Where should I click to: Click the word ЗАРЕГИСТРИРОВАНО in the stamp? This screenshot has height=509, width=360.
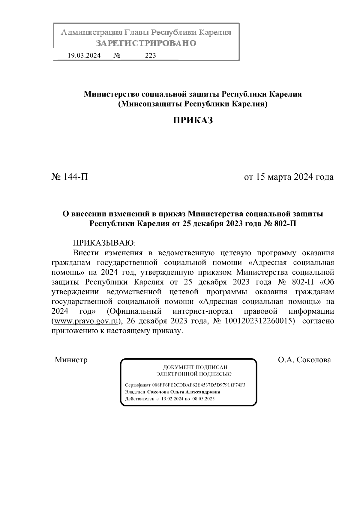[146, 43]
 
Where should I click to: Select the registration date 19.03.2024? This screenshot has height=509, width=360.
[84, 55]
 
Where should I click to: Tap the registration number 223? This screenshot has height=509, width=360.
[150, 55]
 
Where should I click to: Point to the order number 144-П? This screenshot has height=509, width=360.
[70, 177]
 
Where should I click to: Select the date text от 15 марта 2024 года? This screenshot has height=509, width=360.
[289, 177]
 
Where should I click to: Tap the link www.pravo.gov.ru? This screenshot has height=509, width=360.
[85, 321]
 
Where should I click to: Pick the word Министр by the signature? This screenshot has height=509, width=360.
[71, 360]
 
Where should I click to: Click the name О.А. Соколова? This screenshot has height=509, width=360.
[304, 360]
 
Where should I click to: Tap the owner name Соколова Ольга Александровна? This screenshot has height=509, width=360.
[184, 392]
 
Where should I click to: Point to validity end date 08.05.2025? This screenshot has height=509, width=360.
[203, 399]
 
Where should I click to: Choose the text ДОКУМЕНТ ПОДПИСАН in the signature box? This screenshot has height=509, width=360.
[195, 367]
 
